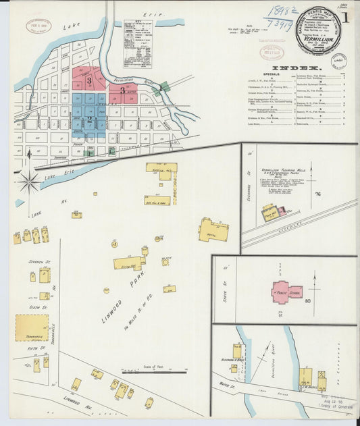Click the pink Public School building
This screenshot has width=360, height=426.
point(286,292)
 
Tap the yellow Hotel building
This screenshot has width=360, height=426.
point(213,230)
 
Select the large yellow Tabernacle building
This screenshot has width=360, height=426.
point(32,327)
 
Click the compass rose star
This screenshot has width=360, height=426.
point(29,180)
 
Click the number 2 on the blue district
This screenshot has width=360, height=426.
point(88,119)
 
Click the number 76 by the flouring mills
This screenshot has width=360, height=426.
point(316,194)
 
